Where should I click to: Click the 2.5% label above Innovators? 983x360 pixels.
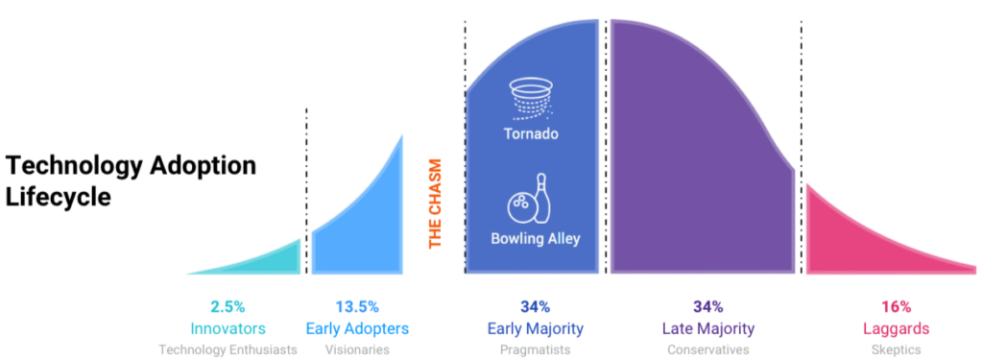point(228,307)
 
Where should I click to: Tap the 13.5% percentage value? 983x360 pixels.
point(356,307)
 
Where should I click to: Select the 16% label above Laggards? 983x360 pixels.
point(897,307)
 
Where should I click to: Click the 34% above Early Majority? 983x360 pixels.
point(535,307)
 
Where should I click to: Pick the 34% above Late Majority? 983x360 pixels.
point(707,307)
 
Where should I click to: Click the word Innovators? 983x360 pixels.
point(228,329)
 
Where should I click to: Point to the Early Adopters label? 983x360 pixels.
point(356,329)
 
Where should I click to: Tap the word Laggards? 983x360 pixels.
point(897,329)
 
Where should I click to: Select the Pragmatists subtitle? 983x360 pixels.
point(535,350)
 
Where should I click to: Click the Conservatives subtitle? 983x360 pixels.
point(707,350)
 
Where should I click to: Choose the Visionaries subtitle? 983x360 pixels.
point(356,350)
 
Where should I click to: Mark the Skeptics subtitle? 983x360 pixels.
point(897,350)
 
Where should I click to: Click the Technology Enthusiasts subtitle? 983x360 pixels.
point(228,350)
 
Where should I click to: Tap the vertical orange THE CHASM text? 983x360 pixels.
point(435,204)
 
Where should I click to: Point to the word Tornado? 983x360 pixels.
point(531,134)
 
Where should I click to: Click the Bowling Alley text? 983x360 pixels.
point(535,238)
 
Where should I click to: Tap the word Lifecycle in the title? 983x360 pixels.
point(60,197)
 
